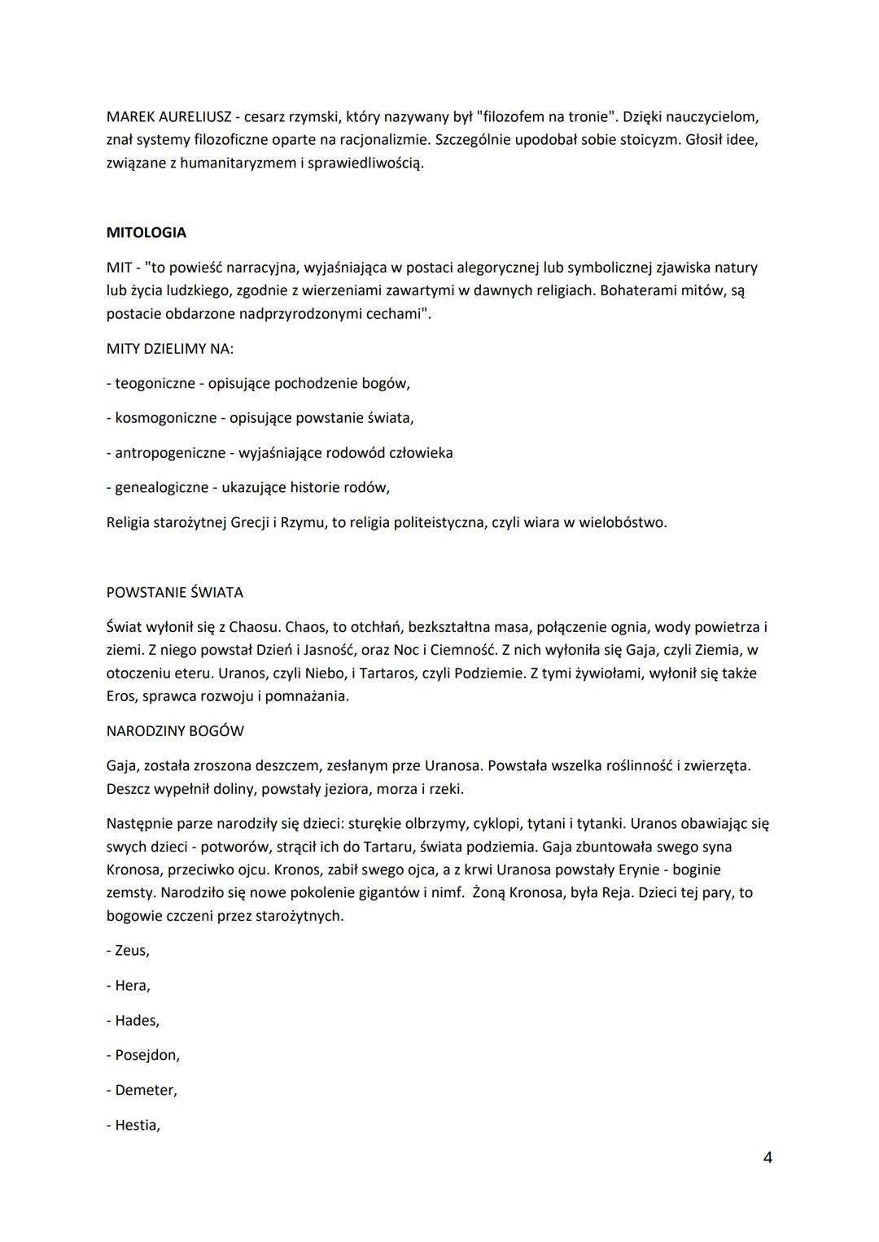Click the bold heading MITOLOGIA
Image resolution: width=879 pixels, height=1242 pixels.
[x=146, y=233]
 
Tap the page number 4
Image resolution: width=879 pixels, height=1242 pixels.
[x=767, y=1157]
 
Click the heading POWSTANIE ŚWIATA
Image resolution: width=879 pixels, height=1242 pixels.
[x=174, y=592]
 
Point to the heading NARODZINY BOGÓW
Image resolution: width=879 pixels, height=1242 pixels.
[x=175, y=730]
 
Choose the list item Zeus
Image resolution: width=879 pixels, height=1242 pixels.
[x=131, y=950]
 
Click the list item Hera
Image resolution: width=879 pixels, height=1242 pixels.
[x=131, y=985]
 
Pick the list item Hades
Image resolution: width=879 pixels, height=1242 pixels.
[x=136, y=1020]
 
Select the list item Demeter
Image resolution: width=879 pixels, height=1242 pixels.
[x=145, y=1090]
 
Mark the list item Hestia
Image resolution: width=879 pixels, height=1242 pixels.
[x=136, y=1125]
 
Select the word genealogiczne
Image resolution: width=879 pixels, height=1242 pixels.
[x=162, y=487]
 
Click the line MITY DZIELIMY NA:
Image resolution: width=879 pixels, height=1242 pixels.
[x=170, y=348]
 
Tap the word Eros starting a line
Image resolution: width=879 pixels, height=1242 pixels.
[x=121, y=696]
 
